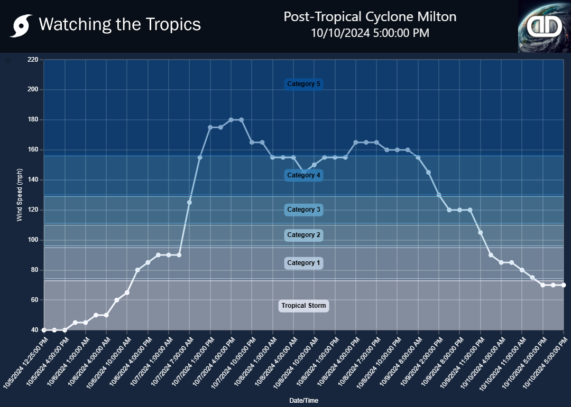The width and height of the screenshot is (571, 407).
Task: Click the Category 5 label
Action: click(303, 84)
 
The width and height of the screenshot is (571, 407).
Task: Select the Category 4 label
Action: click(303, 175)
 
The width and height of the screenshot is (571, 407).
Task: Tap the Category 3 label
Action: click(303, 210)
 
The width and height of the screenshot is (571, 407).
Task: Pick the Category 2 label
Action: click(303, 235)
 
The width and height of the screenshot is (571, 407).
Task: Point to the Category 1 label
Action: click(303, 263)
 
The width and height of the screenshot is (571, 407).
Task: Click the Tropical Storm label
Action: click(303, 306)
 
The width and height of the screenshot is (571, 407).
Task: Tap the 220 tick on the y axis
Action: click(33, 60)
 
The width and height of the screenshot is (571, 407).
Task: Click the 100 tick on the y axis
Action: click(33, 240)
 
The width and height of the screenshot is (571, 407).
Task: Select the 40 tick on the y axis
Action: click(34, 330)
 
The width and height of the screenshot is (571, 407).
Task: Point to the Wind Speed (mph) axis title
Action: click(20, 195)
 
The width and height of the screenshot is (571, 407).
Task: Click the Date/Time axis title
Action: click(303, 401)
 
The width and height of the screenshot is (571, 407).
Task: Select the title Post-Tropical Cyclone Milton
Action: click(370, 17)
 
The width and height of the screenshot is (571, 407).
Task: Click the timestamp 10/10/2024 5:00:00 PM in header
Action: click(370, 33)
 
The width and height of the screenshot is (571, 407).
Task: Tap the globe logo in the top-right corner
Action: click(544, 26)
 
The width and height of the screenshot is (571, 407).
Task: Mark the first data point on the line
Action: click(44, 330)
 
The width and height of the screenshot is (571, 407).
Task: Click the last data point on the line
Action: click(564, 285)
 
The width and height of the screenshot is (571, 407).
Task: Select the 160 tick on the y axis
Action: click(33, 150)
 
